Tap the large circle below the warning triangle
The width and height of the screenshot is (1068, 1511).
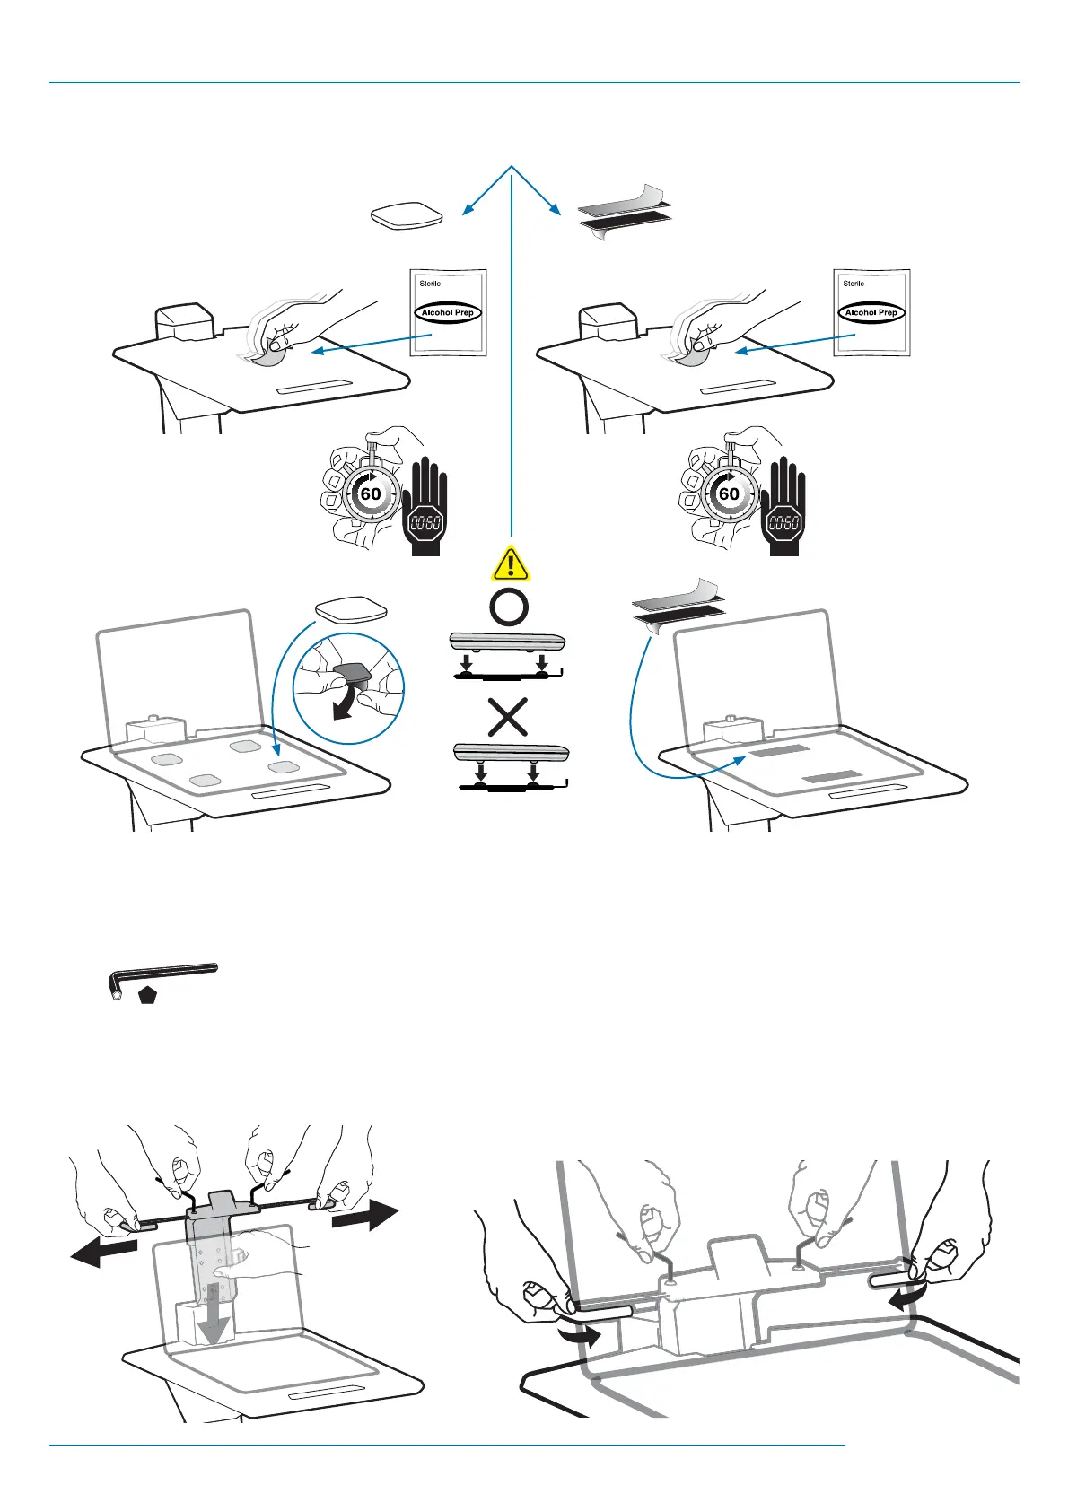pos(509,607)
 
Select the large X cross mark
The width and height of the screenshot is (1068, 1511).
pos(507,718)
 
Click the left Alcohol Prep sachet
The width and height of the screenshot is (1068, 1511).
pos(448,312)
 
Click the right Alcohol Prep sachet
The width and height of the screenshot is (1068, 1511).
pos(871,312)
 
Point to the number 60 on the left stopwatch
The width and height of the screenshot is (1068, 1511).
pos(371,493)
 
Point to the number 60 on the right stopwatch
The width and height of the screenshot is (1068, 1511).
pos(730,493)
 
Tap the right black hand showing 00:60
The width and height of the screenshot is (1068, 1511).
pos(783,507)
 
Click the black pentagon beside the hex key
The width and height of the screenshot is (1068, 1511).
pos(148,994)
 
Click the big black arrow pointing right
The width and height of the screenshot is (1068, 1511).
pos(364,1218)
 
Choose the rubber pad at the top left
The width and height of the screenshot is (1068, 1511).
pos(407,216)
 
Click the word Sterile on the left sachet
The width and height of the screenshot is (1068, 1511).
pos(430,284)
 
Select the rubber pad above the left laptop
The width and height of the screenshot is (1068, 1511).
pos(351,610)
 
